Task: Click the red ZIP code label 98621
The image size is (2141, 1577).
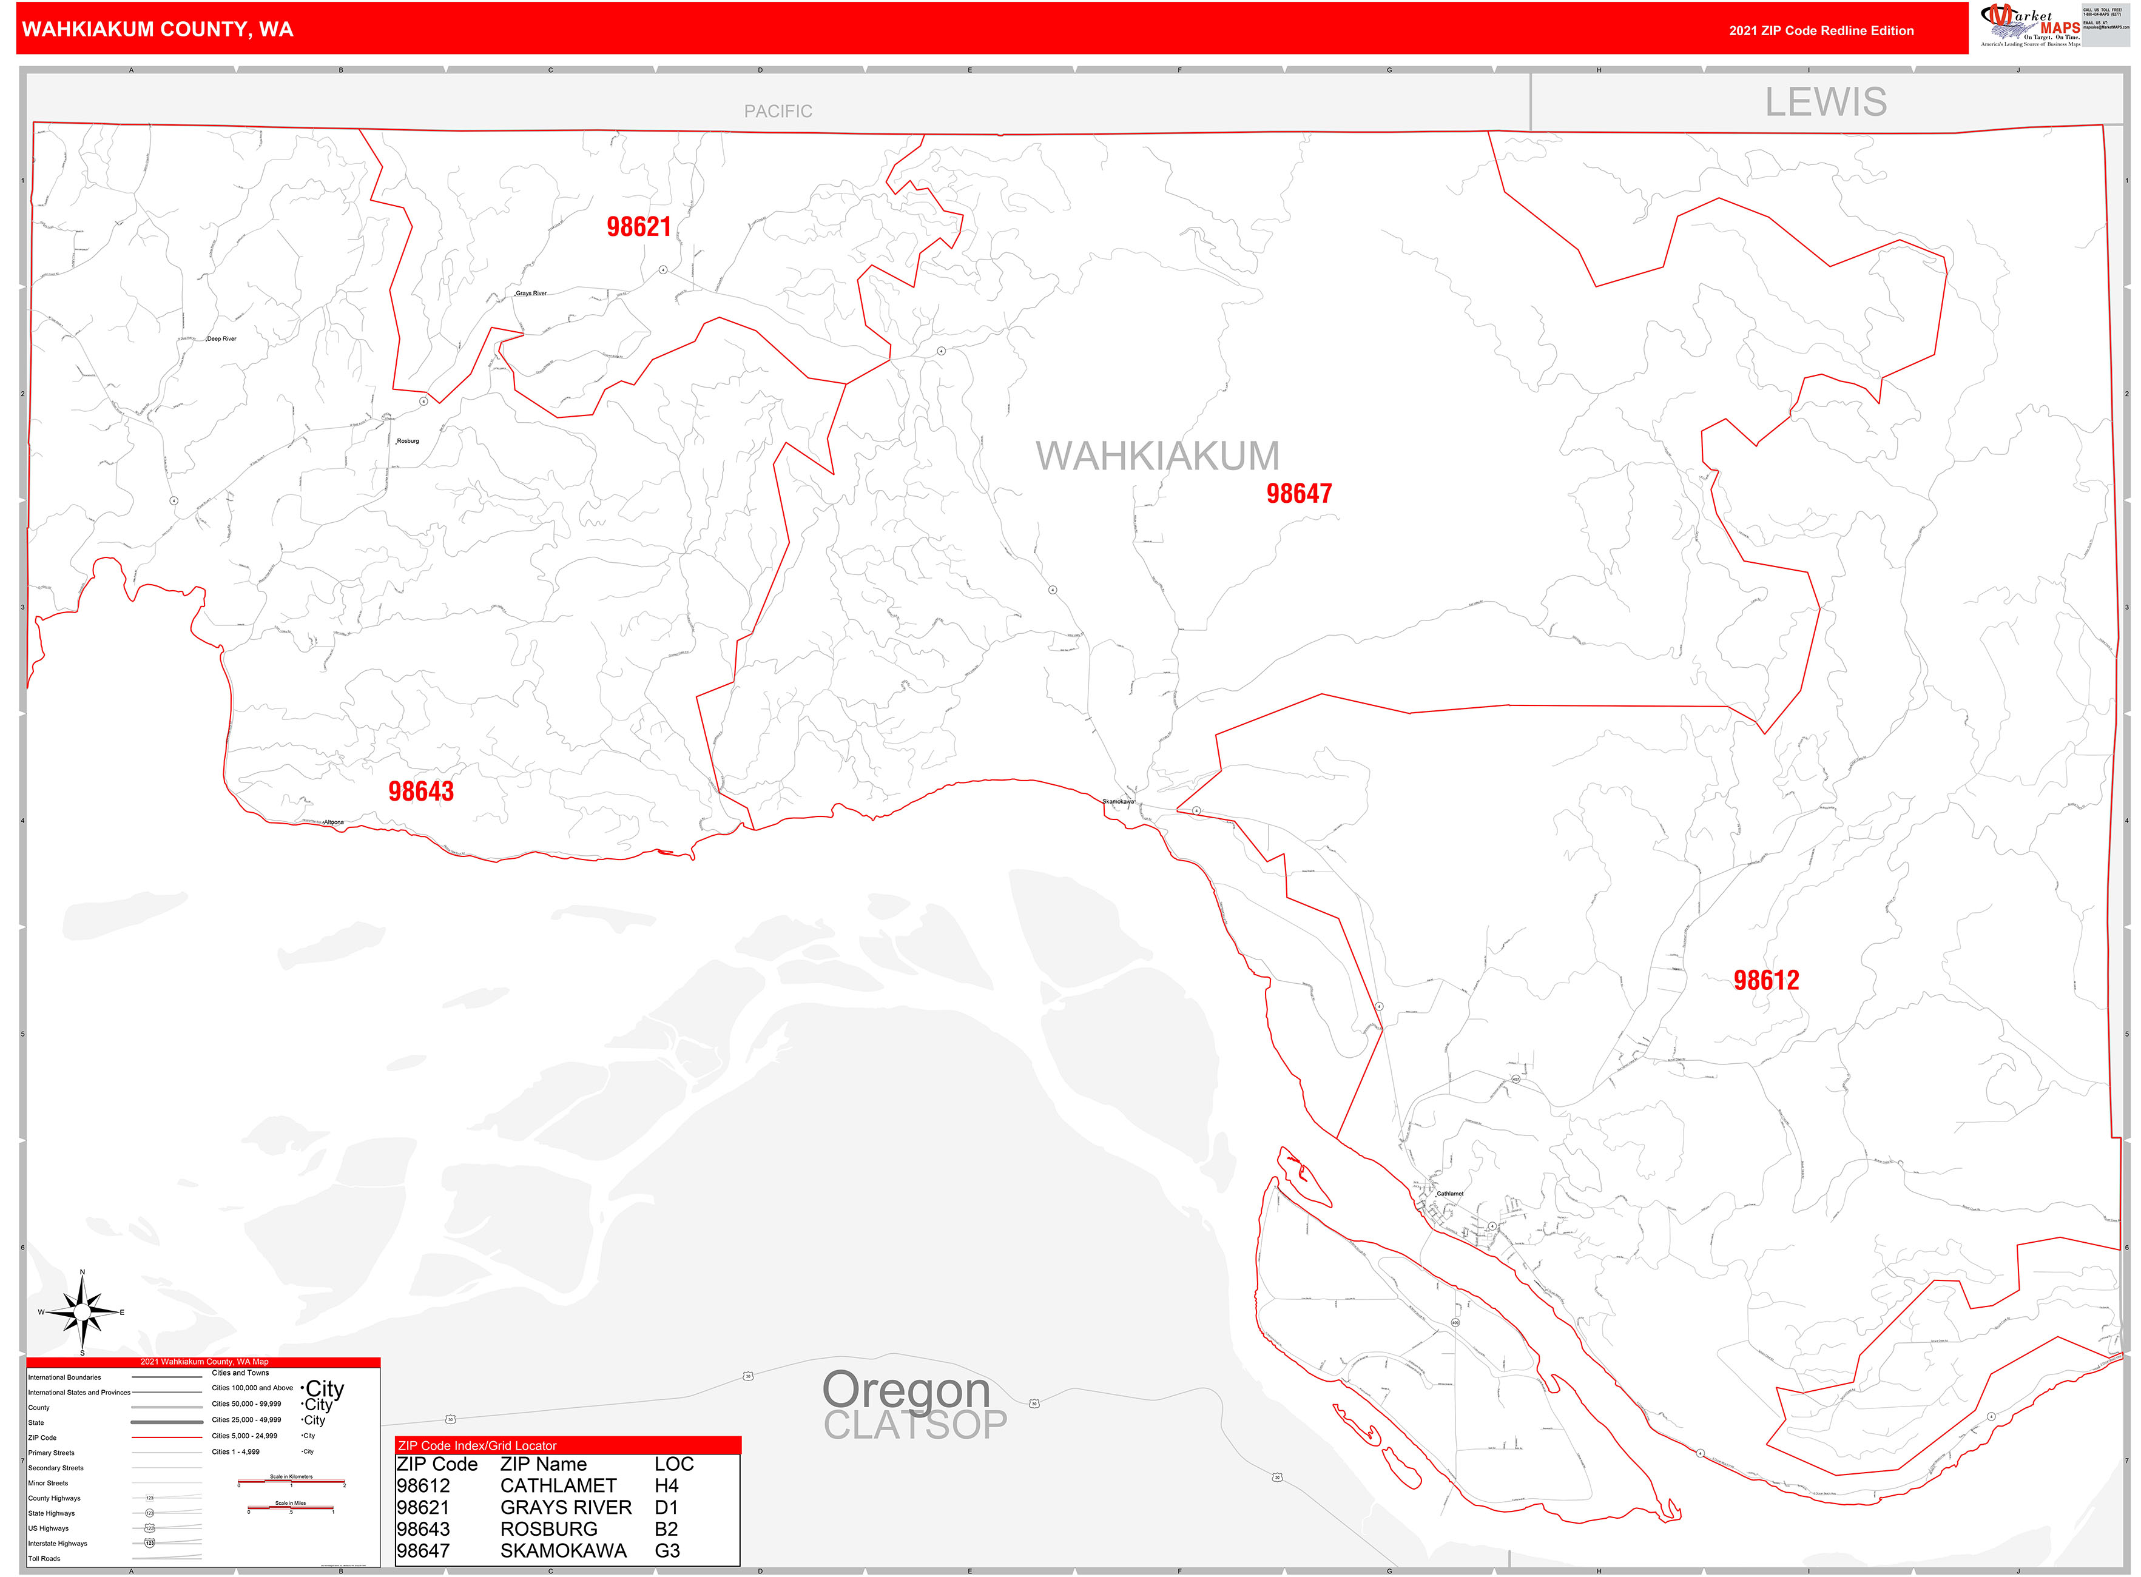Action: pyautogui.click(x=639, y=227)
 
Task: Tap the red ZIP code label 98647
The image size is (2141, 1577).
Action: pyautogui.click(x=1299, y=494)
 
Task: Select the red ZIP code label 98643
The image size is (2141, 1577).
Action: pyautogui.click(x=421, y=792)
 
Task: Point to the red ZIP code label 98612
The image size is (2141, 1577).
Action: pyautogui.click(x=1765, y=980)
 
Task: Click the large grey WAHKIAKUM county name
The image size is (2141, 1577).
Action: pyautogui.click(x=1158, y=456)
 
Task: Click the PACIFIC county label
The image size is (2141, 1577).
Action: pyautogui.click(x=778, y=112)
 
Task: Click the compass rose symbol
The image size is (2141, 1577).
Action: pyautogui.click(x=82, y=1314)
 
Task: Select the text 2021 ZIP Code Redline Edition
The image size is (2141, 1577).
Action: pyautogui.click(x=1821, y=30)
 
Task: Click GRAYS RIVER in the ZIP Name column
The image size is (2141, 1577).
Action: pyautogui.click(x=565, y=1507)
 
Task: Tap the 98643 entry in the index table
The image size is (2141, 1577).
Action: pyautogui.click(x=423, y=1529)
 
